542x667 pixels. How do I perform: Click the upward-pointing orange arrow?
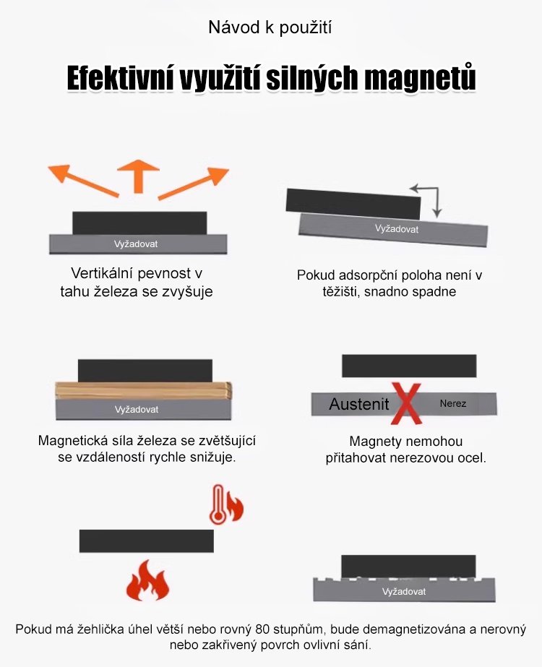138,176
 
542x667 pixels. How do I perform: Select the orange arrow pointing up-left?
83,181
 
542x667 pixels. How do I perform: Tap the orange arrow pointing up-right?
194,184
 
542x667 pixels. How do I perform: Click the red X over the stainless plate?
407,403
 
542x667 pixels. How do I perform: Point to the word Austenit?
359,404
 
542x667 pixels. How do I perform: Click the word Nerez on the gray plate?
453,403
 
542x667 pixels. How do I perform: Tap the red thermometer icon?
218,504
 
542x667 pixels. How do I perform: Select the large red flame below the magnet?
147,580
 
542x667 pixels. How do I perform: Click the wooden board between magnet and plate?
144,390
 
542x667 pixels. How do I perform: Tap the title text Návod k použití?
270,27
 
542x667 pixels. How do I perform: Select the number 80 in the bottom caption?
263,629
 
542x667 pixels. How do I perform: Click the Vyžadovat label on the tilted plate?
397,229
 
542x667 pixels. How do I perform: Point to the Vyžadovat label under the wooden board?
137,409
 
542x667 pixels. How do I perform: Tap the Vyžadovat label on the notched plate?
404,591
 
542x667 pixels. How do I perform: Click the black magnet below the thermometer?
147,541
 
